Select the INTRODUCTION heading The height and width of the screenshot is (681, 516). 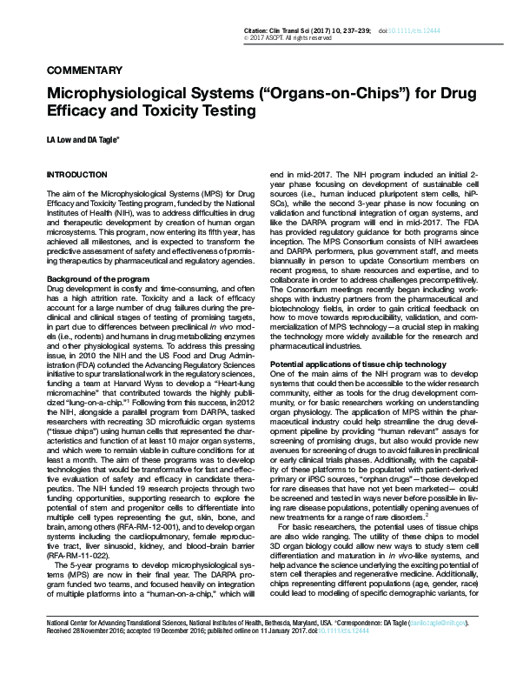click(x=76, y=175)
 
